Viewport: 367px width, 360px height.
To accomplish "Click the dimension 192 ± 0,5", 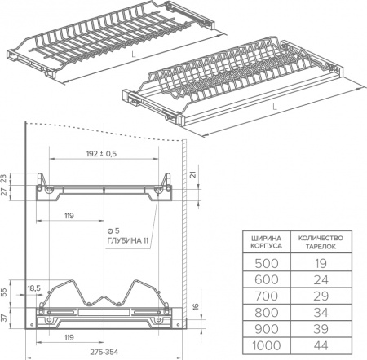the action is coord(101,154).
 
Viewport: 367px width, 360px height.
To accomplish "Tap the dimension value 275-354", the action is coord(104,352).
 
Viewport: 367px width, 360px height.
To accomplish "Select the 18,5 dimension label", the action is coord(34,288).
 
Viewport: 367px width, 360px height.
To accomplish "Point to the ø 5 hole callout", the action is coord(113,231).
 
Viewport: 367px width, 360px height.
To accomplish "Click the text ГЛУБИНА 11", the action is coord(128,241).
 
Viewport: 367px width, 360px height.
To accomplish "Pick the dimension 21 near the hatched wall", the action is coord(193,174).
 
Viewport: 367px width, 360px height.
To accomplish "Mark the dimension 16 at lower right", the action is coord(196,306).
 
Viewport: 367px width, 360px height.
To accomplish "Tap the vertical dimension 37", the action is coord(4,318).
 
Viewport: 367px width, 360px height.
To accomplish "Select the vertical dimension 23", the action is coord(4,178).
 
